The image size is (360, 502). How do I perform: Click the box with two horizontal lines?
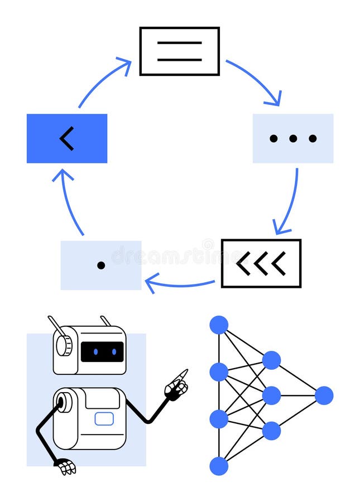179,51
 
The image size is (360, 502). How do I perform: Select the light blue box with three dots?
293,138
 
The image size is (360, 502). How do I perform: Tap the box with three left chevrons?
261,263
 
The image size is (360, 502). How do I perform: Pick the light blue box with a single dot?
101,265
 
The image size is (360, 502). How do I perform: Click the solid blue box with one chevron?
67,138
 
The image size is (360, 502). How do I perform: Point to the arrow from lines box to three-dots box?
256,81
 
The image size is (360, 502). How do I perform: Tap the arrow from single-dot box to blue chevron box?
70,201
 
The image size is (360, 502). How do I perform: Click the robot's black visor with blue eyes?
102,351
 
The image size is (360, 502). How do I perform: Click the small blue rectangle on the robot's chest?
104,419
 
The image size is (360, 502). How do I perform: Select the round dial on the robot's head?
64,345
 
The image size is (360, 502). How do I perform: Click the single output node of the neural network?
324,395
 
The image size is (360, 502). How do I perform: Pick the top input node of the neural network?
219,325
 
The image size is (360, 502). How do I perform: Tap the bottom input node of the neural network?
219,466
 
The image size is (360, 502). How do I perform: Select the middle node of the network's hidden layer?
271,395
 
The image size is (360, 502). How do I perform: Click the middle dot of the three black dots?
293,138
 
